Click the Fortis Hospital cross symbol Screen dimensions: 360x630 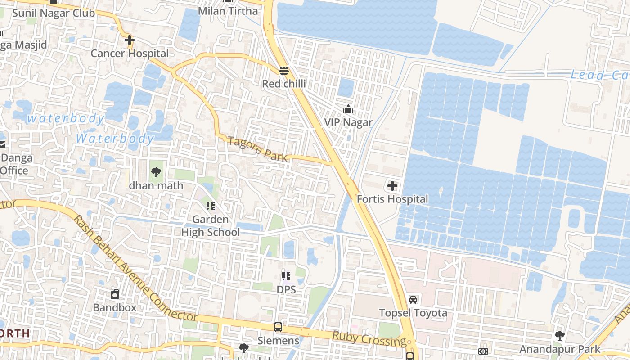click(x=392, y=185)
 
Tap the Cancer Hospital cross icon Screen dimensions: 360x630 click(x=130, y=40)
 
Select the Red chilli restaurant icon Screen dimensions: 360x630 click(x=283, y=71)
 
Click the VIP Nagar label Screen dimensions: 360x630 click(x=348, y=122)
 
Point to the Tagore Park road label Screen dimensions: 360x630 click(x=257, y=149)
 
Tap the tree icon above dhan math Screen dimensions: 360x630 click(x=156, y=172)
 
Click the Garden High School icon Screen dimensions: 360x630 click(x=210, y=206)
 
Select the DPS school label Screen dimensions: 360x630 click(x=286, y=289)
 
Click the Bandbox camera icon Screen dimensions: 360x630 click(x=115, y=295)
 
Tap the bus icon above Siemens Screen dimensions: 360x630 click(x=278, y=327)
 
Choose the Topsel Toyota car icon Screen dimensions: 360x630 click(x=413, y=299)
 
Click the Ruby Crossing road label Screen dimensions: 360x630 click(x=369, y=338)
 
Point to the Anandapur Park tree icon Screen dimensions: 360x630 click(x=560, y=336)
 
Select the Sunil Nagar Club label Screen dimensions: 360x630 click(x=54, y=13)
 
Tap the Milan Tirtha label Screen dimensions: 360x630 click(x=228, y=11)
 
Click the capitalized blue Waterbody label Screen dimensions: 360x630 click(x=115, y=138)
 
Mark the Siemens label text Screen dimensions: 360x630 click(x=278, y=341)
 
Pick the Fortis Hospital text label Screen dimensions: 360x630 click(x=392, y=199)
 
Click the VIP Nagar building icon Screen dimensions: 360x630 click(x=348, y=109)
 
